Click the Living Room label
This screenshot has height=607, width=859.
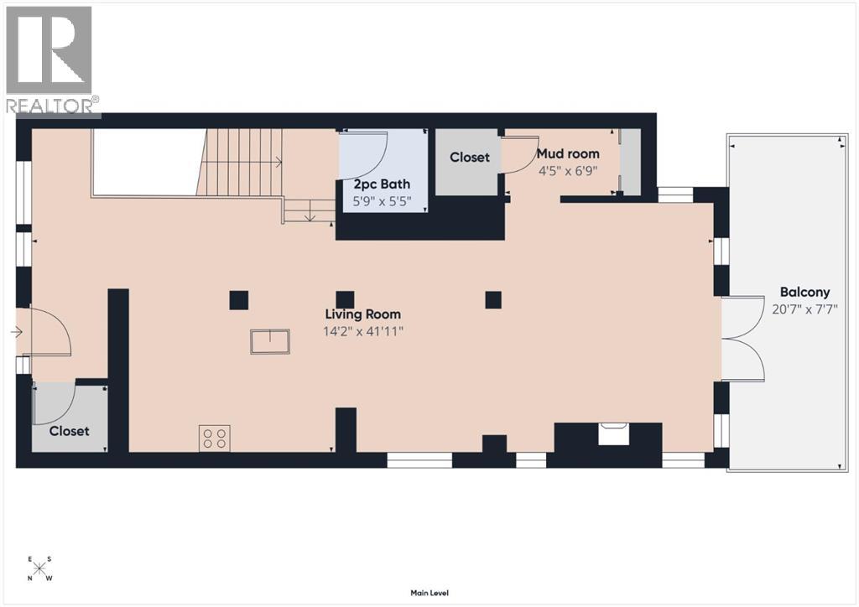[x=362, y=314]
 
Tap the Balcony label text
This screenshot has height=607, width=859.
[x=804, y=293]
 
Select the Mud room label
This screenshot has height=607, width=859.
[x=568, y=154]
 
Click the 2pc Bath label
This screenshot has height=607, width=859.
[x=382, y=184]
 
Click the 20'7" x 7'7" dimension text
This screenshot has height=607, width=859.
[x=804, y=309]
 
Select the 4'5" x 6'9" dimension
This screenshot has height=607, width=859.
[x=568, y=170]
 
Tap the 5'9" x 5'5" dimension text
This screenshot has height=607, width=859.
[x=382, y=201]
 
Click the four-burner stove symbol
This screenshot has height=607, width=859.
[x=215, y=438]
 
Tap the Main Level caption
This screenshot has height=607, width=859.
[x=429, y=593]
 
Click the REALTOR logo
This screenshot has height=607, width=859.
[x=49, y=59]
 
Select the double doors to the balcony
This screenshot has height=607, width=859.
[x=743, y=339]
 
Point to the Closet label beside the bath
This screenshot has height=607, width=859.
[x=469, y=158]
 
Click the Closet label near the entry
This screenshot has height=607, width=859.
[x=69, y=431]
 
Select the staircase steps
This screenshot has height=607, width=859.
[x=243, y=163]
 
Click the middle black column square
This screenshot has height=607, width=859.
[x=345, y=299]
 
